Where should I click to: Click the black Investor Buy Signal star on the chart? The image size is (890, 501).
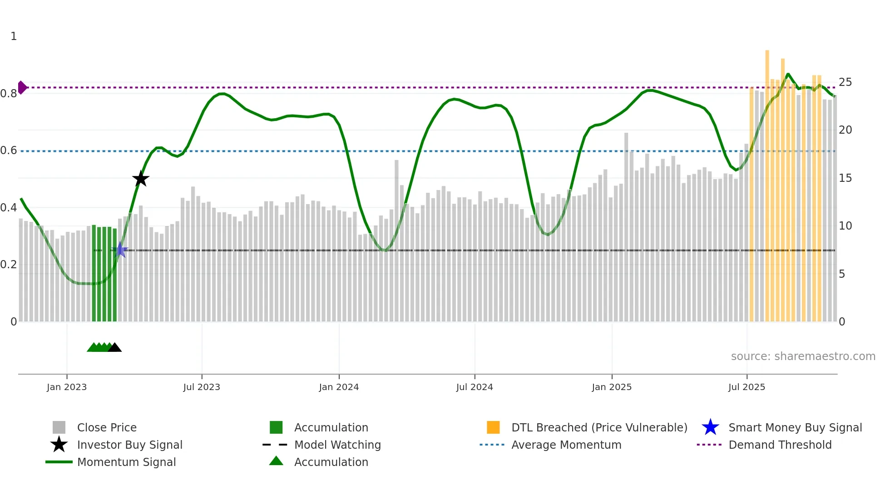click(141, 179)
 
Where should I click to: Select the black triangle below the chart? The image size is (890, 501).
click(115, 348)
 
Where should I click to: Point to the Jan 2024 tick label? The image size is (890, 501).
click(339, 387)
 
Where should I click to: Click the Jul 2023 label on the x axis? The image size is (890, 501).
click(202, 387)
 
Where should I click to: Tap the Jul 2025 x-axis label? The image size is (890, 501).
click(747, 387)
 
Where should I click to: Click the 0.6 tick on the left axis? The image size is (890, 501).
click(9, 150)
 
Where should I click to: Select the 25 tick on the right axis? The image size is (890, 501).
click(845, 82)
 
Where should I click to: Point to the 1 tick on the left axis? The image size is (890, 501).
click(14, 36)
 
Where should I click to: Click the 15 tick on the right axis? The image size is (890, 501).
click(845, 178)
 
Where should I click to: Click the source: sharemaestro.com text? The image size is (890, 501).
click(803, 356)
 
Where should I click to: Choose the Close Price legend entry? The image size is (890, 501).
click(107, 427)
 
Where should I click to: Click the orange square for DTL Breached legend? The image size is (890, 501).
click(493, 427)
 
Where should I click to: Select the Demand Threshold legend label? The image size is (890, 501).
click(780, 445)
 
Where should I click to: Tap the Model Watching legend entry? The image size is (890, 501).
click(337, 445)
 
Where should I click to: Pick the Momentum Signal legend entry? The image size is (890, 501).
click(126, 462)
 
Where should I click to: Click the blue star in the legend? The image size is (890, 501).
click(710, 427)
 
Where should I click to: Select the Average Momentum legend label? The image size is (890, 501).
click(566, 445)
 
